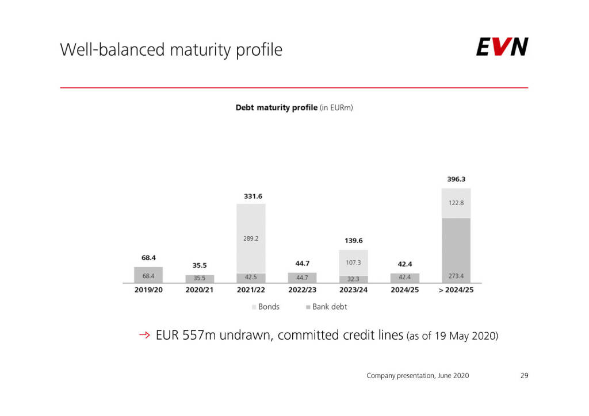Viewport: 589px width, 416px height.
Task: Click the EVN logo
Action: pos(502,47)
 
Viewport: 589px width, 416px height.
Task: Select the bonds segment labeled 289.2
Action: pos(251,238)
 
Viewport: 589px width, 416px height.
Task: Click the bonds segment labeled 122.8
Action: pos(456,203)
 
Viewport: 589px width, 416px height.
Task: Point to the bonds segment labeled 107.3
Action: pos(353,262)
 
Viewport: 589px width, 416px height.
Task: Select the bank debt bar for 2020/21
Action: pos(200,279)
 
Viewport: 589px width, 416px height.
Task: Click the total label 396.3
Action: pos(456,179)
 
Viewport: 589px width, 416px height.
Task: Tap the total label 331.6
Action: pos(251,196)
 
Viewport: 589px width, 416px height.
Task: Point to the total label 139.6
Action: pos(353,241)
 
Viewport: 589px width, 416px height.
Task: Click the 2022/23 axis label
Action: pos(302,290)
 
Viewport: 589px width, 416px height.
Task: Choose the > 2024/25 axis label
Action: pos(456,290)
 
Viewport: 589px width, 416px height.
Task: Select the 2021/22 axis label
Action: pos(251,290)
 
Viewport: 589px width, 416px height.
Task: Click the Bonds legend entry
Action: pos(266,307)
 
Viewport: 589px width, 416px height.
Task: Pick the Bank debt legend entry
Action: pos(327,307)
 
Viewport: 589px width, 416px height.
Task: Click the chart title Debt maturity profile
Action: pos(294,107)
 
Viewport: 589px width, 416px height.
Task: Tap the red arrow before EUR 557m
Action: pos(144,335)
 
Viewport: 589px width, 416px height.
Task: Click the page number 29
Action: pos(524,376)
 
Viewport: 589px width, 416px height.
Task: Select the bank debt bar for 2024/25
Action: pos(404,278)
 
